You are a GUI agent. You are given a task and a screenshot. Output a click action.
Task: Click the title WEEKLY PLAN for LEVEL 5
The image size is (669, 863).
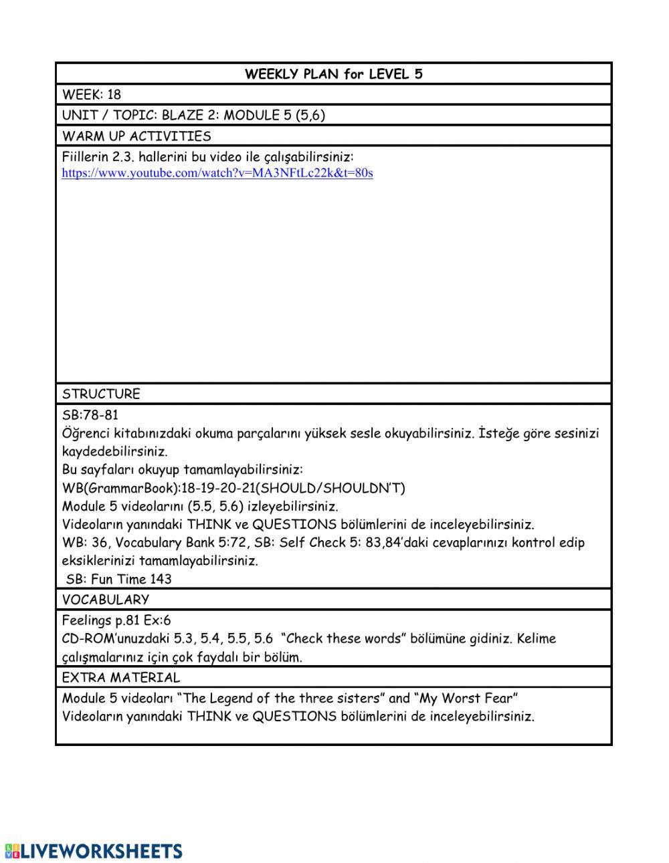[333, 74]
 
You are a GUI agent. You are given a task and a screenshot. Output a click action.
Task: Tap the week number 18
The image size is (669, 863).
[114, 95]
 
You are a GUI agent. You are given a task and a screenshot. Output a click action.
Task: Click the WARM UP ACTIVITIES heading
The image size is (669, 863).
[136, 136]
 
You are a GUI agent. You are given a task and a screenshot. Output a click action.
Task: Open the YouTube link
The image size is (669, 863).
[217, 173]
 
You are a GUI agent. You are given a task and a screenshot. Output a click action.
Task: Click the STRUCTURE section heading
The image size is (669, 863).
[101, 394]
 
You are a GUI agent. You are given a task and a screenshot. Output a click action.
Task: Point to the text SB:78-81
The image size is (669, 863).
[90, 415]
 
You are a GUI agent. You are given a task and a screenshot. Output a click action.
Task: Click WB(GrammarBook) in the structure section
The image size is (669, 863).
[121, 489]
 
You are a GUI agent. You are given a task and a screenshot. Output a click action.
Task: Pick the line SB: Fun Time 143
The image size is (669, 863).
[119, 580]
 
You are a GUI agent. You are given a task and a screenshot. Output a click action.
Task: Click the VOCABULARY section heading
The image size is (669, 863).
[106, 600]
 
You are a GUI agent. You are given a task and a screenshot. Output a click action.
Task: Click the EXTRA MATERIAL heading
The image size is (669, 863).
[121, 678]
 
